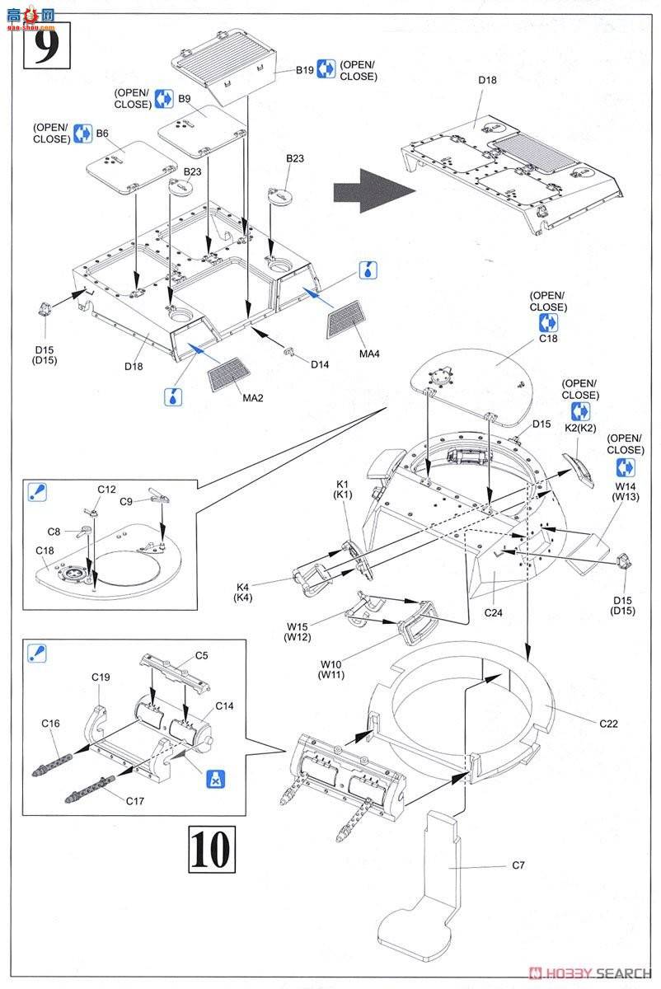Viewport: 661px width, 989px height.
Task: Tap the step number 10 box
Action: (206, 849)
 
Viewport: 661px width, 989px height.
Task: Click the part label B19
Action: (305, 71)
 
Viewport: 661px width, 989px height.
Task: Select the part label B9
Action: (185, 99)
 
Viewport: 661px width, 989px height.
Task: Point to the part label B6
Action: (103, 134)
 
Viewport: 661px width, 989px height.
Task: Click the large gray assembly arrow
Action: (371, 194)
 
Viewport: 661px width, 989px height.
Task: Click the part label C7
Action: (518, 865)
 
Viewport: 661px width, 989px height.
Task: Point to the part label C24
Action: (493, 612)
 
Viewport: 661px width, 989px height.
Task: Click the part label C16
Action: (51, 723)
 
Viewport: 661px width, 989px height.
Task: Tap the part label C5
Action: (201, 656)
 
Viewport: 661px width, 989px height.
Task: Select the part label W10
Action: (332, 664)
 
